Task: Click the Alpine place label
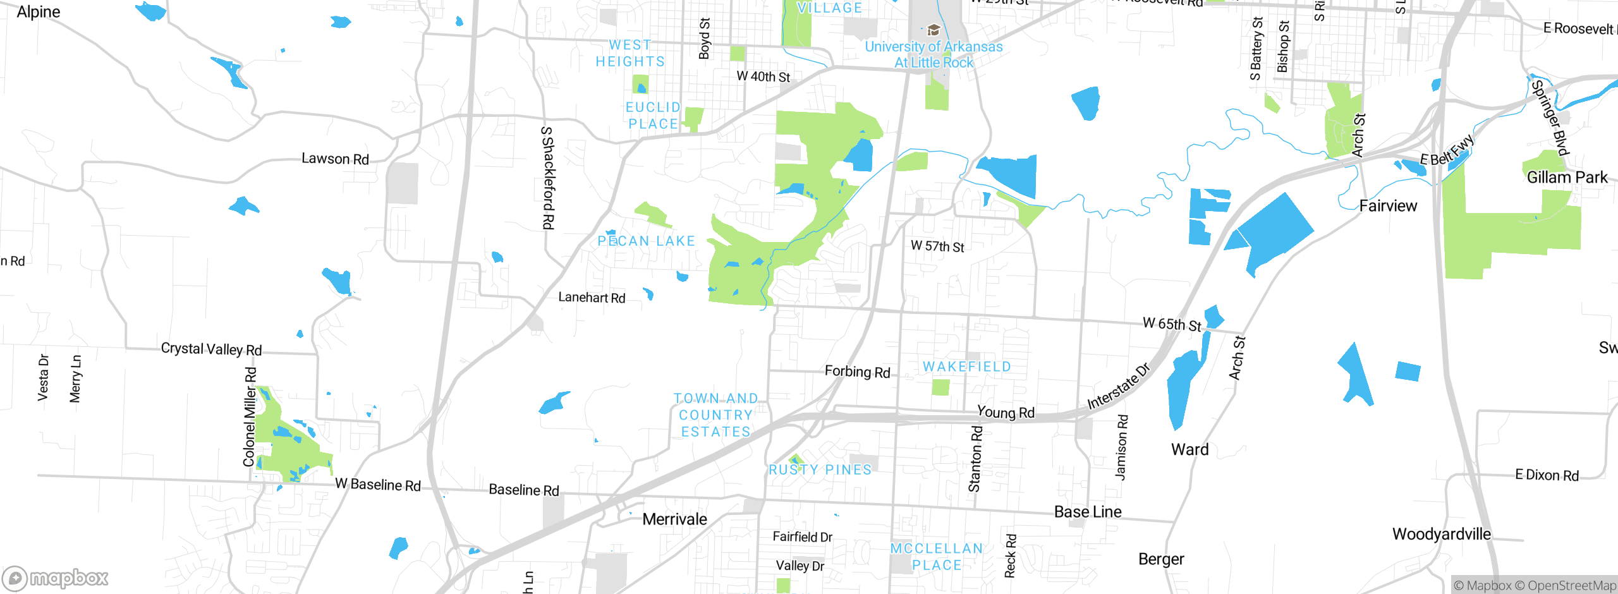pyautogui.click(x=39, y=12)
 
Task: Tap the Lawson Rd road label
pyautogui.click(x=335, y=159)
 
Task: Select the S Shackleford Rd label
pyautogui.click(x=548, y=178)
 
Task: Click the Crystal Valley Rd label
pyautogui.click(x=211, y=349)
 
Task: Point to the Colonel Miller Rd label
pyautogui.click(x=250, y=417)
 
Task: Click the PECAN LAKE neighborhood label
pyautogui.click(x=646, y=241)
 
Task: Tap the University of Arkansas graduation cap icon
pyautogui.click(x=934, y=30)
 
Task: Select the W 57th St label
pyautogui.click(x=937, y=246)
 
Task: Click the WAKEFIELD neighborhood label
pyautogui.click(x=967, y=367)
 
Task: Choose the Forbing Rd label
pyautogui.click(x=857, y=372)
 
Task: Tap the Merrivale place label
pyautogui.click(x=674, y=519)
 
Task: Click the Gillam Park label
pyautogui.click(x=1567, y=178)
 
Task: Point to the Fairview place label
pyautogui.click(x=1388, y=206)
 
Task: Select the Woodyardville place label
pyautogui.click(x=1441, y=534)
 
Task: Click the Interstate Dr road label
pyautogui.click(x=1119, y=387)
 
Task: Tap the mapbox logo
pyautogui.click(x=56, y=578)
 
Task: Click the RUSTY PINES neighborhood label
pyautogui.click(x=820, y=470)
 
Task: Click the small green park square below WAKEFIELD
pyautogui.click(x=940, y=387)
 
